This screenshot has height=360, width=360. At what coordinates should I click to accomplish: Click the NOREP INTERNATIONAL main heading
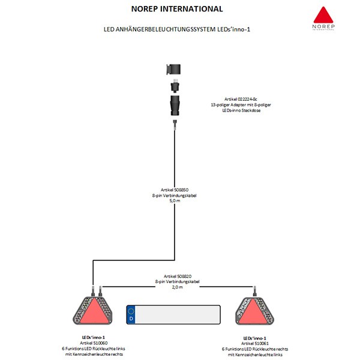pyautogui.click(x=177, y=9)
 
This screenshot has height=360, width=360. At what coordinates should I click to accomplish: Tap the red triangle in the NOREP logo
pyautogui.click(x=323, y=15)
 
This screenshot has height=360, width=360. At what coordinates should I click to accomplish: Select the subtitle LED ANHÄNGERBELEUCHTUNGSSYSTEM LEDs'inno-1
pyautogui.click(x=177, y=29)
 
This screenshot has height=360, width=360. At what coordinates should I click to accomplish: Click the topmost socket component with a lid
pyautogui.click(x=173, y=70)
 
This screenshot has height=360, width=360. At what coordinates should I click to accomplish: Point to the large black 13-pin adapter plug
pyautogui.click(x=175, y=106)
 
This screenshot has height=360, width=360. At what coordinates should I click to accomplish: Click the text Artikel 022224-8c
pyautogui.click(x=241, y=99)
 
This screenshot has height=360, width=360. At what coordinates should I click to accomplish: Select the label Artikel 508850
pyautogui.click(x=175, y=190)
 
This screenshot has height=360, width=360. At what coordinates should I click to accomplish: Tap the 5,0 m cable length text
pyautogui.click(x=175, y=200)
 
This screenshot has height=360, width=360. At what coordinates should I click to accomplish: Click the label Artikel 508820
pyautogui.click(x=178, y=276)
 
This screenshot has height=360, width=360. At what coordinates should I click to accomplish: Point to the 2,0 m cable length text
pyautogui.click(x=177, y=287)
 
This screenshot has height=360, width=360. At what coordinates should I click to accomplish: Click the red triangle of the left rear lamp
pyautogui.click(x=93, y=312)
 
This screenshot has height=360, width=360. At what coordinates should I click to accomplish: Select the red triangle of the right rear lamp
pyautogui.click(x=254, y=312)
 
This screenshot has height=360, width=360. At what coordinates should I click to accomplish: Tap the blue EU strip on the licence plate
pyautogui.click(x=131, y=315)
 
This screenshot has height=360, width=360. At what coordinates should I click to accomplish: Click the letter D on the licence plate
pyautogui.click(x=131, y=319)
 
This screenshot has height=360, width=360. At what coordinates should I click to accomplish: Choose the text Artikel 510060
pyautogui.click(x=94, y=343)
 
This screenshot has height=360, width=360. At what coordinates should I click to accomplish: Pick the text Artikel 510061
pyautogui.click(x=254, y=343)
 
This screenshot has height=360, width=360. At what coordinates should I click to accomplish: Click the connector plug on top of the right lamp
pyautogui.click(x=254, y=292)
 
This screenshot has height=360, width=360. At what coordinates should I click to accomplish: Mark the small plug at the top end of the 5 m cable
pyautogui.click(x=175, y=125)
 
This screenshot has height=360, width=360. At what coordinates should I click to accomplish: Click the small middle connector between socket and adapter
pyautogui.click(x=175, y=86)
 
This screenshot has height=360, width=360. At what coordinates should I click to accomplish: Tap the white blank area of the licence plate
pyautogui.click(x=177, y=315)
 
